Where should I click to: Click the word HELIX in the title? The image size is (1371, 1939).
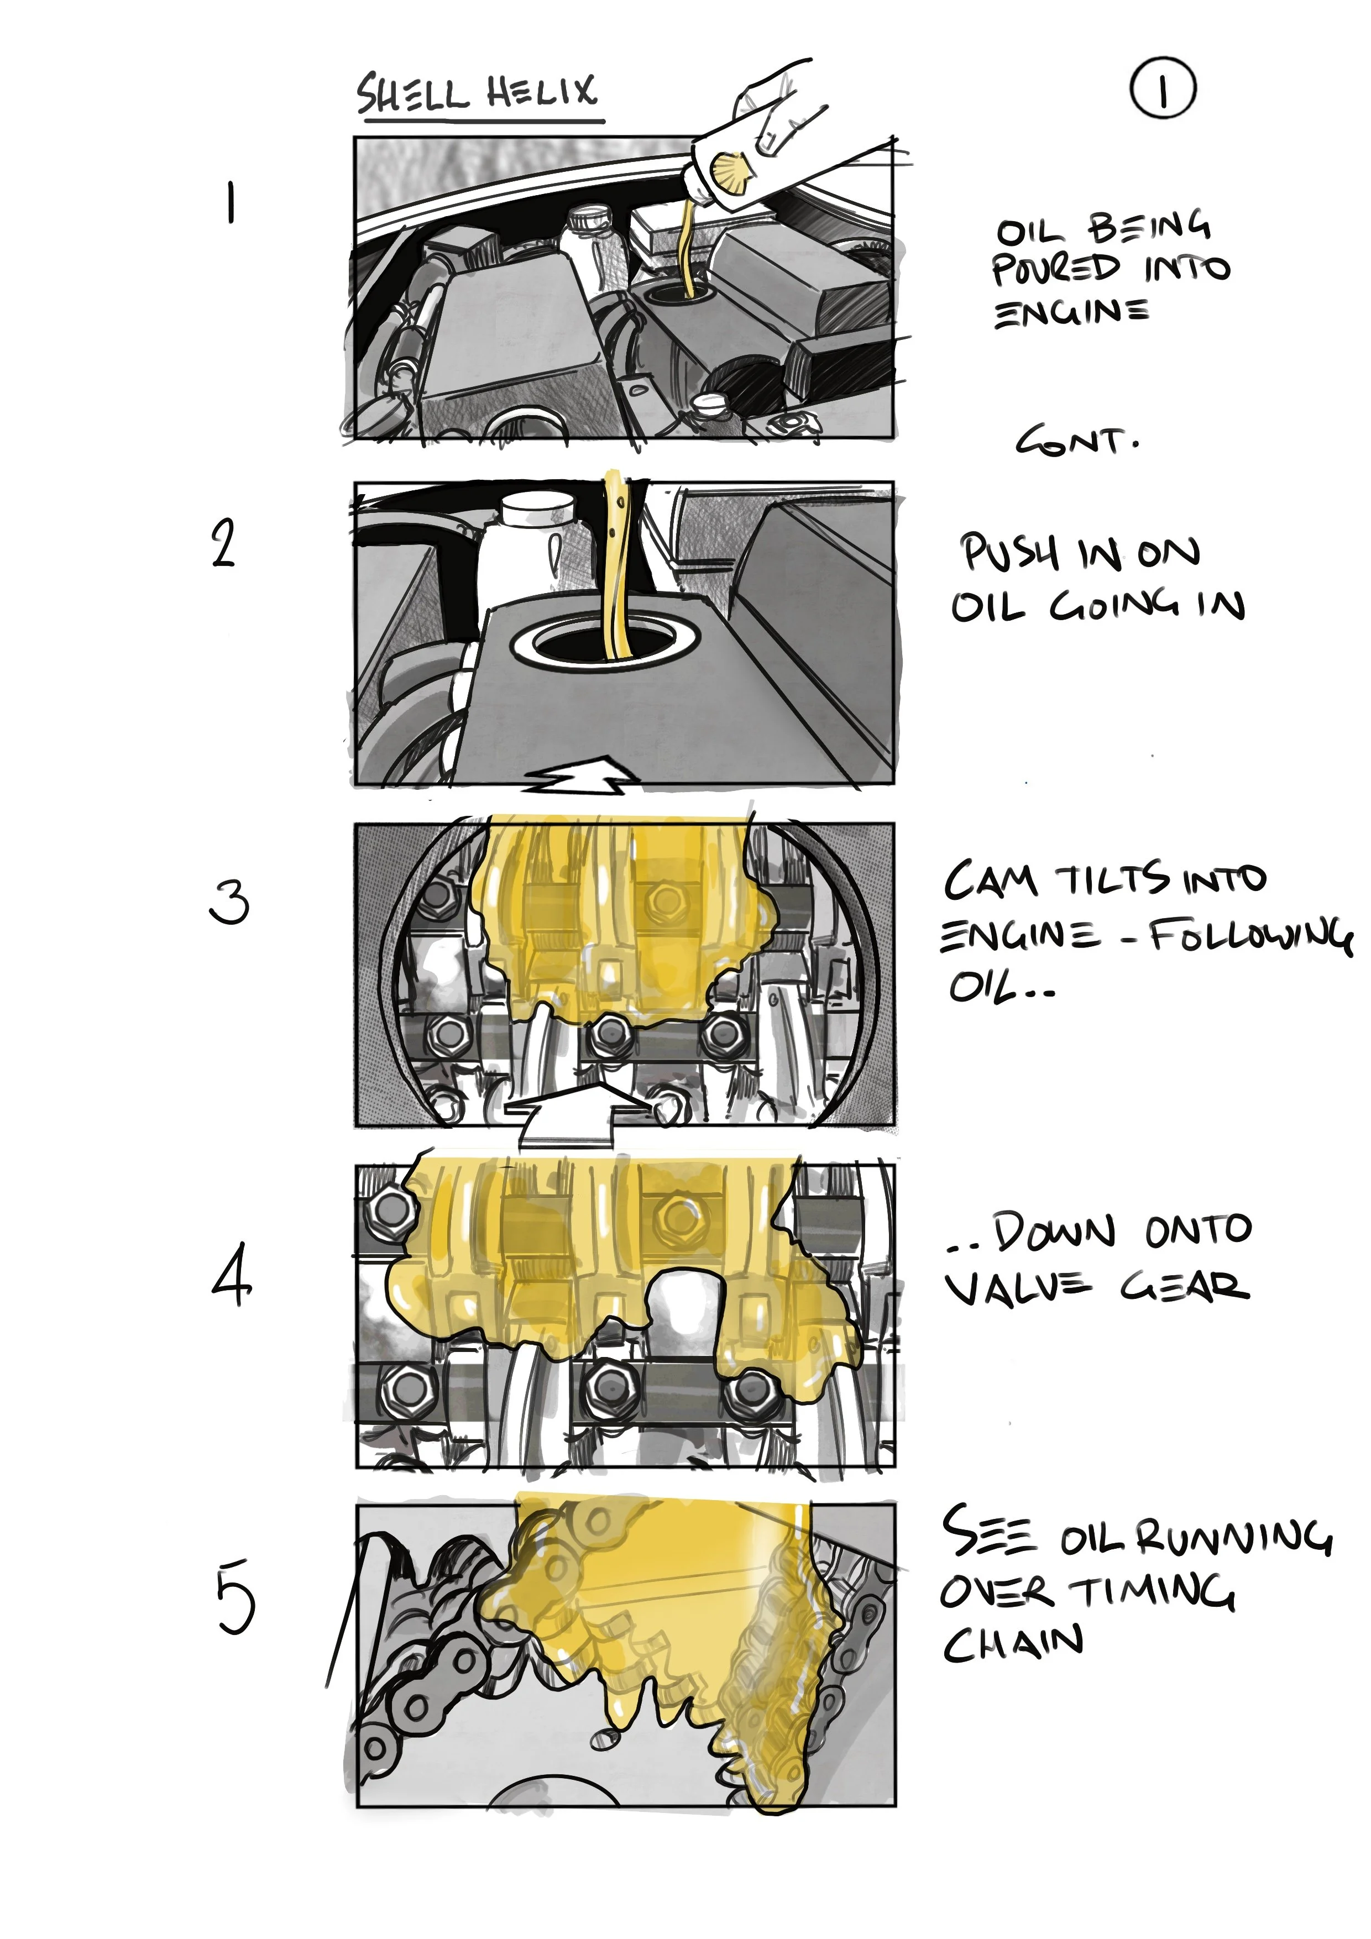click(x=541, y=92)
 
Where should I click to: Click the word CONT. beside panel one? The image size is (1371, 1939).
click(x=1076, y=441)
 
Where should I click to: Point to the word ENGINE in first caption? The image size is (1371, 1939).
click(x=1071, y=314)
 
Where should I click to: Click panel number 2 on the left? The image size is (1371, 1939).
click(x=223, y=543)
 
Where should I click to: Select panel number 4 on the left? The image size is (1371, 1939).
click(x=231, y=1274)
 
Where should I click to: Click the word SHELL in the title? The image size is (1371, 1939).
click(x=411, y=95)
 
